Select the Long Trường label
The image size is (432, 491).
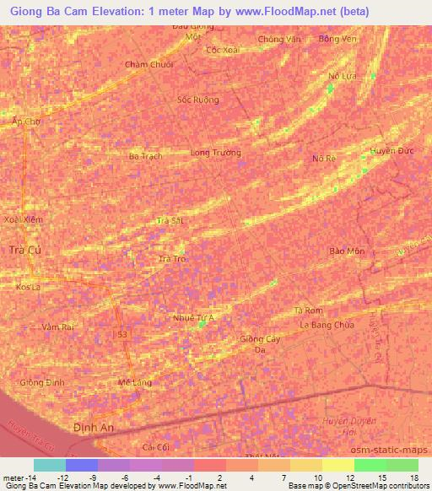(216, 154)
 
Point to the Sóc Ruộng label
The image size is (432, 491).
(198, 100)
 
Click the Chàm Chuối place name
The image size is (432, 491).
(148, 64)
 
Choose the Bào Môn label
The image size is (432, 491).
(347, 251)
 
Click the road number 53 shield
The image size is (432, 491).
(123, 335)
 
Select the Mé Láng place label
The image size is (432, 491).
(135, 382)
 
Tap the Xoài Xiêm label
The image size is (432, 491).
(22, 219)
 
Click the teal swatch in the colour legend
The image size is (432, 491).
(50, 465)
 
